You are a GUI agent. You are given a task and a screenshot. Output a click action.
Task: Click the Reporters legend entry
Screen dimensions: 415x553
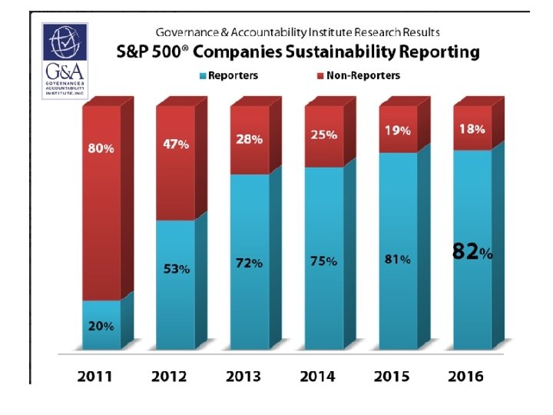[230, 75]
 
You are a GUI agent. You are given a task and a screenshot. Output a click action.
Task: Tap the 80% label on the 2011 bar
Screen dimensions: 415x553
[101, 148]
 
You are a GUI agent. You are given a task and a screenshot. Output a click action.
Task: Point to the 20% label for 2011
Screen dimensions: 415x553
[101, 326]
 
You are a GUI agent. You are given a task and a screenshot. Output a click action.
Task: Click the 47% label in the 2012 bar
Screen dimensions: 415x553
[175, 144]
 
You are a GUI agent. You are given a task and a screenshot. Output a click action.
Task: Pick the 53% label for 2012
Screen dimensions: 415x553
[176, 269]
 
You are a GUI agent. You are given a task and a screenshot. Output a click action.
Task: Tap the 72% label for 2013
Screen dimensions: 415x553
[249, 263]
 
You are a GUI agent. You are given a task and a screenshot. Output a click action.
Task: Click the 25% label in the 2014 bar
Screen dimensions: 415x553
[323, 134]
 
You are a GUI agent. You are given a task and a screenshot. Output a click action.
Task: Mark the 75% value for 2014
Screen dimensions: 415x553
[323, 261]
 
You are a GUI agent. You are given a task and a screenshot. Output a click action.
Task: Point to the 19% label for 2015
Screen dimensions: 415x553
[397, 131]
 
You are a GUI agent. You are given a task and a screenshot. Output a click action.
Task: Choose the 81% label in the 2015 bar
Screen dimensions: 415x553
[397, 259]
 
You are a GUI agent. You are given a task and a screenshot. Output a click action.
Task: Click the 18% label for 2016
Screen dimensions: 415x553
[471, 129]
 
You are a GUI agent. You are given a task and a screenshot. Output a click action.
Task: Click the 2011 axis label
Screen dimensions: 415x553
[94, 376]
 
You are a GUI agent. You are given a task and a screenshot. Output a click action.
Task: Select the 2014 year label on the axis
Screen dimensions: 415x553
[316, 376]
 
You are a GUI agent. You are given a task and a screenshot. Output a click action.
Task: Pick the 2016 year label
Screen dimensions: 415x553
[465, 376]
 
